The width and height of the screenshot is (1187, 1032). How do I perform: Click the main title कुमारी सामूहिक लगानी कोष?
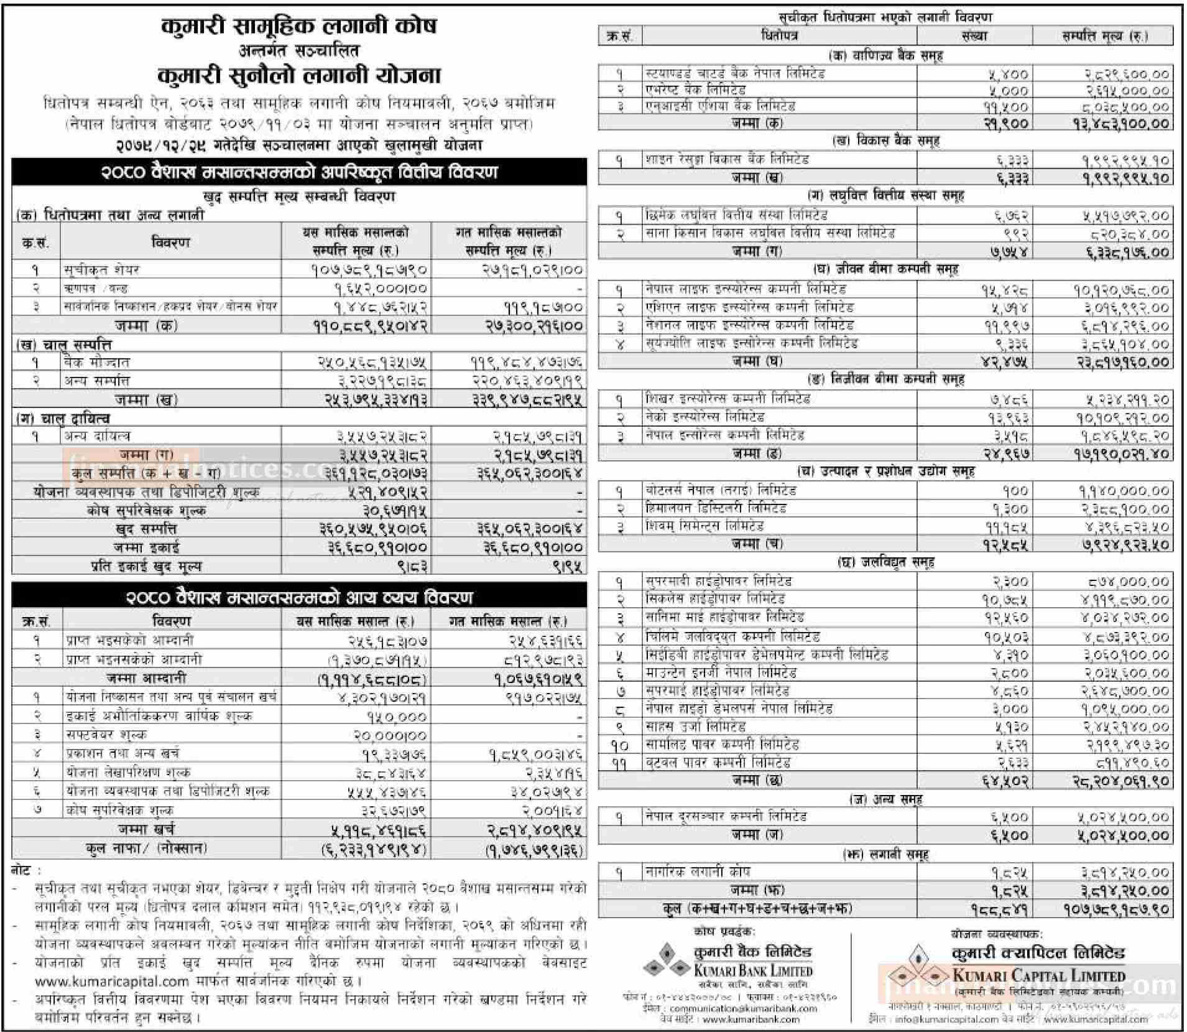tap(299, 26)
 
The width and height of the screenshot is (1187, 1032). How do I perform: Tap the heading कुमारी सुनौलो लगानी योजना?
tap(299, 75)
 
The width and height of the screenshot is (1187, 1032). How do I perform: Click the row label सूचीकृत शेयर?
tap(101, 269)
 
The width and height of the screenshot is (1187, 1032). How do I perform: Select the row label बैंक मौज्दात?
tap(96, 362)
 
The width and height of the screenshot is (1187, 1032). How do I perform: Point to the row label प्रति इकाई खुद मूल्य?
tap(146, 566)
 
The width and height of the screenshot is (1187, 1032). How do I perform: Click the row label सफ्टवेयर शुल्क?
tap(106, 734)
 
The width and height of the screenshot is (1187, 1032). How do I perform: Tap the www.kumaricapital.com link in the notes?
tap(112, 981)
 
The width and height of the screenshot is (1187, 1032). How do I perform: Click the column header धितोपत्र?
tap(779, 35)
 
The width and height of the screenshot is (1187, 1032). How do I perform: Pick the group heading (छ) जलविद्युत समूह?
tap(885, 562)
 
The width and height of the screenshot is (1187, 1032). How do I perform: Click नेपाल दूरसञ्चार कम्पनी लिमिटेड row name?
tap(726, 816)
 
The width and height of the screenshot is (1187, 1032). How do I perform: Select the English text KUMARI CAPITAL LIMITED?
tap(1038, 975)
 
